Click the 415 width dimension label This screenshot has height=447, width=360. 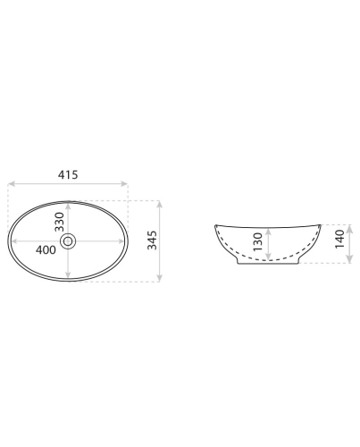tap(68, 174)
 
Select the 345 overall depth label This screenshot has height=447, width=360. tap(152, 240)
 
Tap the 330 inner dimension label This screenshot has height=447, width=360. tap(59, 222)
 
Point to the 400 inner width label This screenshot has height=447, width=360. tap(46, 249)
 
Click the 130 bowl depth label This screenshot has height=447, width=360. tap(258, 241)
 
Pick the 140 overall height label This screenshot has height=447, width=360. tap(339, 239)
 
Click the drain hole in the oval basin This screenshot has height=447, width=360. tap(68, 240)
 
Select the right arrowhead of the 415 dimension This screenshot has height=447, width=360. tap(124, 183)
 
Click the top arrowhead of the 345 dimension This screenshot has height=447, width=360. tap(160, 205)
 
